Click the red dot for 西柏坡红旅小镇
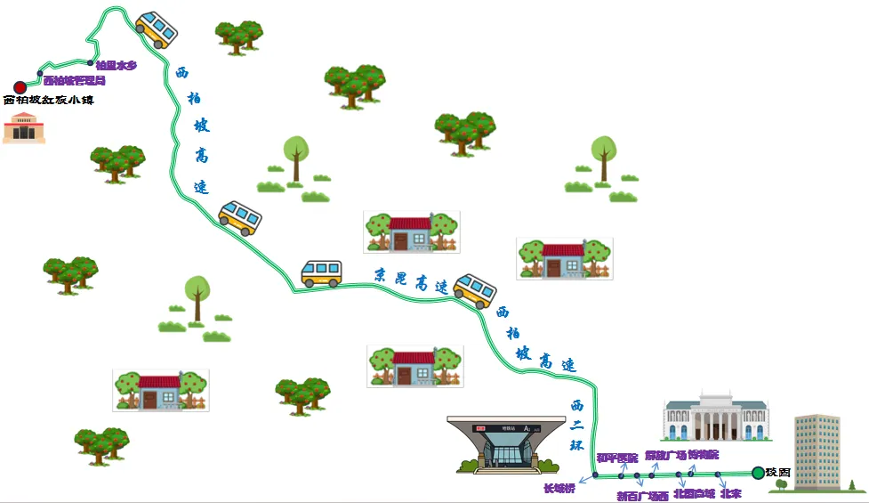[x=20, y=87]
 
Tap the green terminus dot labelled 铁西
[x=757, y=473]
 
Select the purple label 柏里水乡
[x=116, y=65]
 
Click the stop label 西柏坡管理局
[x=74, y=81]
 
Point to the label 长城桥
[x=559, y=488]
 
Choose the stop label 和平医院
[x=616, y=458]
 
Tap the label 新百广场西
[x=642, y=496]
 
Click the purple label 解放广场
[x=665, y=455]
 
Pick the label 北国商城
[x=694, y=492]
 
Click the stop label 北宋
[x=731, y=492]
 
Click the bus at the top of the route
[x=157, y=30]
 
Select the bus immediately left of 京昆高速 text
[x=321, y=273]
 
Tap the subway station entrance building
[x=499, y=442]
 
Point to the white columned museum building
[x=716, y=417]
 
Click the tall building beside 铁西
[x=817, y=451]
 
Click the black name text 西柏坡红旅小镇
[x=49, y=101]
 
